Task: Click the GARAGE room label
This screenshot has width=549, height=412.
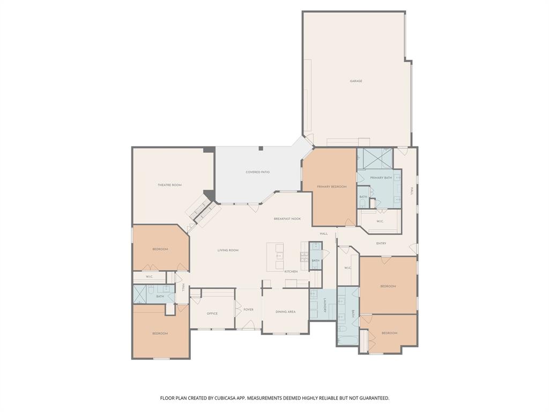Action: (356, 81)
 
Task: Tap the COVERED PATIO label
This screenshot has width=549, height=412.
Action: (257, 172)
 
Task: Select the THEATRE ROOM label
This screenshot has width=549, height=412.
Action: (169, 185)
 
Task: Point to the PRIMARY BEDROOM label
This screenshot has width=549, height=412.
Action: (331, 187)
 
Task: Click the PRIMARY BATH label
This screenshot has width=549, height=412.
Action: (381, 178)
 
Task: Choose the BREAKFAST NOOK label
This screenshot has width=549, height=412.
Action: (287, 219)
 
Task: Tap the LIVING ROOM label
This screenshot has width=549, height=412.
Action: (228, 251)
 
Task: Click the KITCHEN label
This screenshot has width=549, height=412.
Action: (291, 271)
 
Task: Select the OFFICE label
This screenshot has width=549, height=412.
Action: (212, 313)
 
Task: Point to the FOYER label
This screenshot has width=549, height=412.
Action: (248, 310)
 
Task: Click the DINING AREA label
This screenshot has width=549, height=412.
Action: (285, 312)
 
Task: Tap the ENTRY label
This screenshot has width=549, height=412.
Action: (381, 244)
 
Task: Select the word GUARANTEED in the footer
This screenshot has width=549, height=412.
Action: (371, 398)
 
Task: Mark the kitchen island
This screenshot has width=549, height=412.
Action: (275, 256)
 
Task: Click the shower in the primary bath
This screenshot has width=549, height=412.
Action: (375, 158)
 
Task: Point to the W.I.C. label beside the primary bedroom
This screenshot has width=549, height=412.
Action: (380, 221)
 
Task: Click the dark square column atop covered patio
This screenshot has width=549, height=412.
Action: (261, 149)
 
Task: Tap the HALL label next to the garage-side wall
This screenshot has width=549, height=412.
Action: (412, 190)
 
